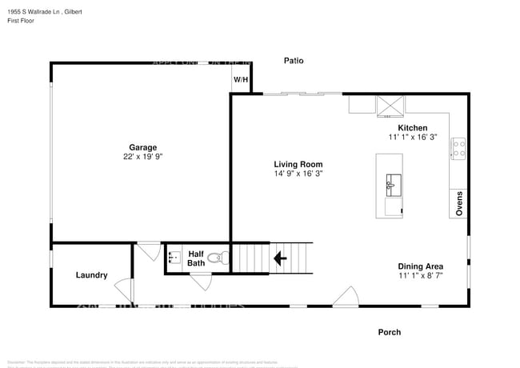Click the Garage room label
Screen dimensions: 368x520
click(x=143, y=147)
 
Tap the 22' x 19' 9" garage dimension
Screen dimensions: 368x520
click(x=143, y=158)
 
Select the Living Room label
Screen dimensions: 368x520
click(x=298, y=163)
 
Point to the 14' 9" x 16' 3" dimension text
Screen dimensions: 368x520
click(x=298, y=173)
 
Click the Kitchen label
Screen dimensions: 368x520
click(x=413, y=128)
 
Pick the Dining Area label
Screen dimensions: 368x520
click(x=421, y=266)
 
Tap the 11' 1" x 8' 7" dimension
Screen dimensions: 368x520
click(x=421, y=276)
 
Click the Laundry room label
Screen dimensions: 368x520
click(x=92, y=275)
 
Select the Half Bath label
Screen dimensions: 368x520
click(x=196, y=258)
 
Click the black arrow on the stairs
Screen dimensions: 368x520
click(x=280, y=258)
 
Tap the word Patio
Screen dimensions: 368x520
click(x=294, y=61)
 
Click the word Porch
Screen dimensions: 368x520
click(x=390, y=332)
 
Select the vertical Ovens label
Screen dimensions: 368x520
click(x=459, y=203)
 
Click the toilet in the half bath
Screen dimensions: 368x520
click(x=216, y=258)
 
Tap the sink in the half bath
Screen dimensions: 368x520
click(x=174, y=258)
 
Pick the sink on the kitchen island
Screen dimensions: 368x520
click(x=391, y=184)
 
